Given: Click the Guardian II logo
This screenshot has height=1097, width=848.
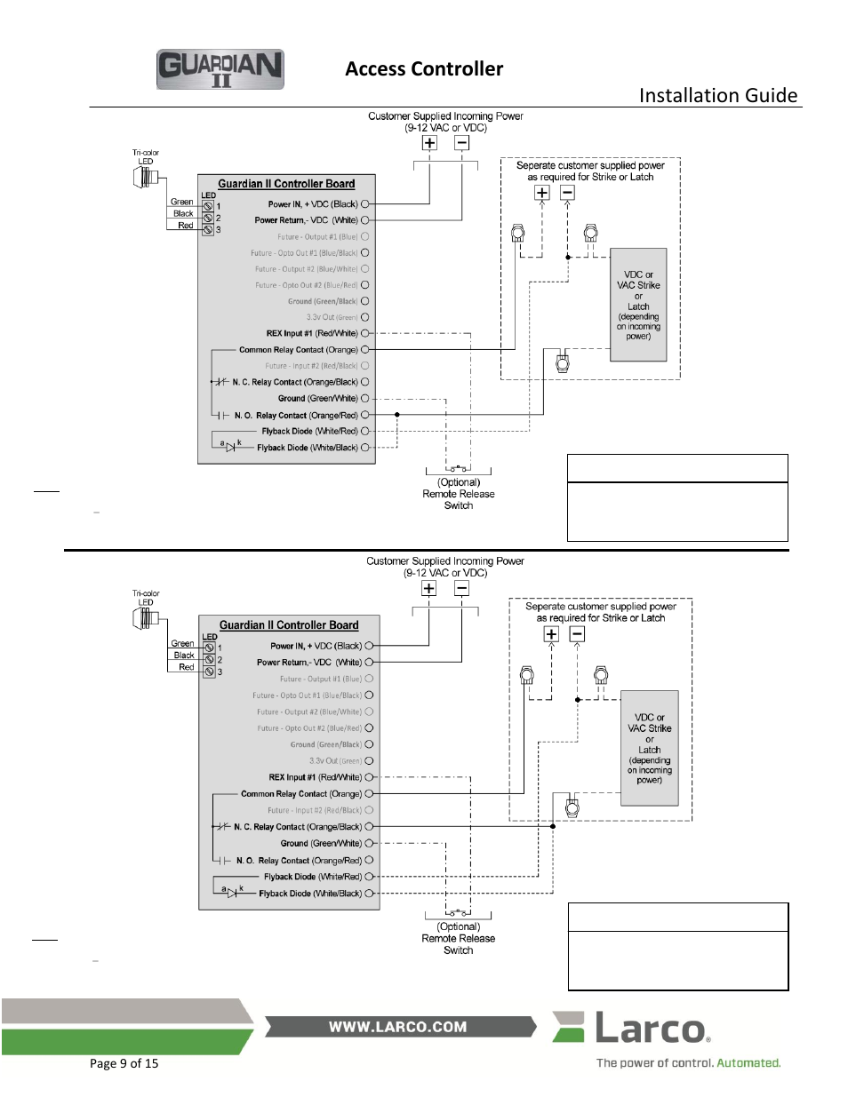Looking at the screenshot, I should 220,69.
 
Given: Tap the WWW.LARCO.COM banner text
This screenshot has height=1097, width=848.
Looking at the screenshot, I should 397,1027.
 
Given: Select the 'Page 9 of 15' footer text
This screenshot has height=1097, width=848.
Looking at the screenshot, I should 124,1063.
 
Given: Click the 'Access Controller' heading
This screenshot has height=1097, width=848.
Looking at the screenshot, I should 424,69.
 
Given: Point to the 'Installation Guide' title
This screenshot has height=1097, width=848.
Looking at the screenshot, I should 717,96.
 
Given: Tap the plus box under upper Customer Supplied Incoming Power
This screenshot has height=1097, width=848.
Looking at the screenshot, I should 429,143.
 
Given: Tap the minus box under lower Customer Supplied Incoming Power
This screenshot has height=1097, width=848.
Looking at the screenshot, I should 461,588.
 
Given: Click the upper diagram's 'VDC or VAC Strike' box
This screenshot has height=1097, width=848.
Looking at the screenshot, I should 638,305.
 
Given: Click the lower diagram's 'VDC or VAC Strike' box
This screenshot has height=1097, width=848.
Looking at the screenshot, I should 649,748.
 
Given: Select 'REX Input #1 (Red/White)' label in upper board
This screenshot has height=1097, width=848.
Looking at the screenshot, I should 312,334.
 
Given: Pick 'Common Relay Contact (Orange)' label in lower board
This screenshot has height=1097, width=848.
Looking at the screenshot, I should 301,794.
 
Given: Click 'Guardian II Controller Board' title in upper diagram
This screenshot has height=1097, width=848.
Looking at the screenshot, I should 286,184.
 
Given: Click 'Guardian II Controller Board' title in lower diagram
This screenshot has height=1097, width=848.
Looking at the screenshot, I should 289,625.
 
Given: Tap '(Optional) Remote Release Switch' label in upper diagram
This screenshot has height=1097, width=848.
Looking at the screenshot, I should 459,494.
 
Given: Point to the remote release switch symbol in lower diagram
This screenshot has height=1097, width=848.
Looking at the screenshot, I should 458,912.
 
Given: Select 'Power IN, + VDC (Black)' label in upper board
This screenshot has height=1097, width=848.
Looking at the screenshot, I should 313,204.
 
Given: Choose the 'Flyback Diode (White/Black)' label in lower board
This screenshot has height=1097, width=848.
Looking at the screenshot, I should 310,894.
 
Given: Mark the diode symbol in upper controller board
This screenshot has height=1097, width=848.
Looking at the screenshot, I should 229,447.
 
